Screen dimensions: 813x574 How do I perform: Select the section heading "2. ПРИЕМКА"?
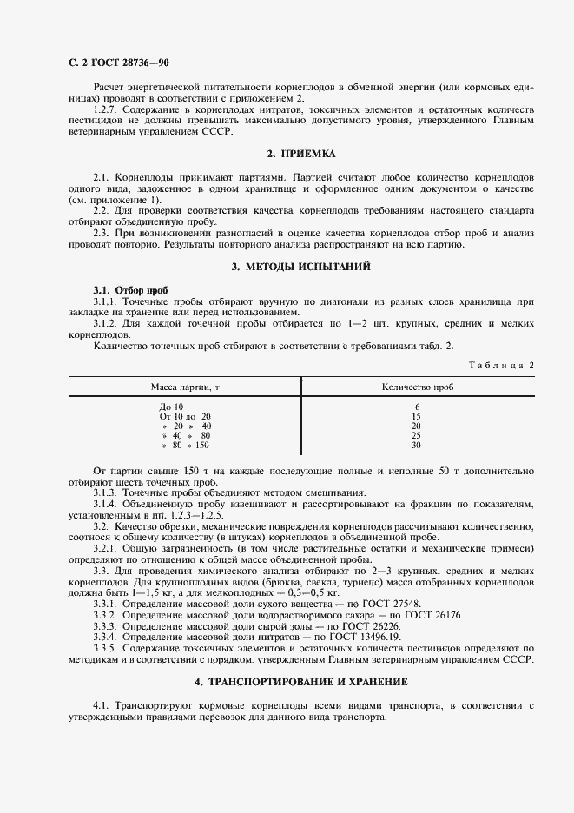(301, 154)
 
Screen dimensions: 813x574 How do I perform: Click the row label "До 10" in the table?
(171, 406)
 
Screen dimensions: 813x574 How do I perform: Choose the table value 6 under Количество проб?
(417, 406)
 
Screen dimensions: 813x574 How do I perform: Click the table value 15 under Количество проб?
(416, 416)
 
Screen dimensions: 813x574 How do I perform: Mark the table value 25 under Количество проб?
(416, 435)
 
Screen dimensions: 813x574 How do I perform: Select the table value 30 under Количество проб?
(416, 445)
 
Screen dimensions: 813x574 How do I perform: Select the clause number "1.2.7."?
(107, 110)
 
